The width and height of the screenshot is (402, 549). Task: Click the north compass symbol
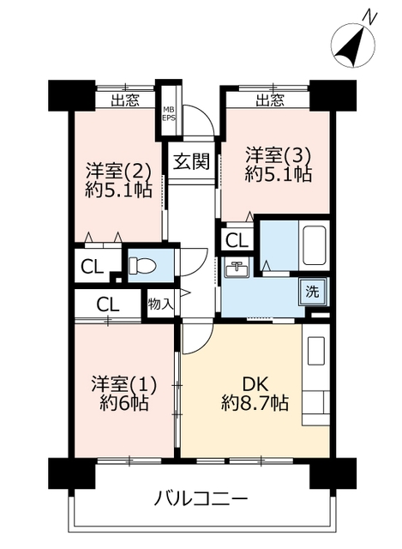click(x=352, y=43)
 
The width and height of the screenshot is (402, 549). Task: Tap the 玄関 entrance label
click(x=192, y=162)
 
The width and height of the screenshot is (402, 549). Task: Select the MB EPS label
click(x=169, y=114)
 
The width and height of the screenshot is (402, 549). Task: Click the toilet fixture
click(x=142, y=265)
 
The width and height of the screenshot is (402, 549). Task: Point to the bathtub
click(x=315, y=245)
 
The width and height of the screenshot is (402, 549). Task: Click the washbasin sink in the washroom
click(x=237, y=269)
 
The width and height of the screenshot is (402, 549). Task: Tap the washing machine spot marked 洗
click(x=313, y=292)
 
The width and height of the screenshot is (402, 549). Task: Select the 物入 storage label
click(x=160, y=304)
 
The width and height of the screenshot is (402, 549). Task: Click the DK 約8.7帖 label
click(x=255, y=394)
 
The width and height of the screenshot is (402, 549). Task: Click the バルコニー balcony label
click(x=201, y=498)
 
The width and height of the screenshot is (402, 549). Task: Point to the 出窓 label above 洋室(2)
click(x=125, y=101)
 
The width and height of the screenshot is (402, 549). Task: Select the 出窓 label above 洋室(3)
click(x=270, y=100)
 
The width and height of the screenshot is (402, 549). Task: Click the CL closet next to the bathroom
click(x=237, y=240)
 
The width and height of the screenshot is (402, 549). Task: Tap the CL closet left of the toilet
click(x=92, y=268)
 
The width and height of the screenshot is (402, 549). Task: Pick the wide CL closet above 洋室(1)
click(x=108, y=305)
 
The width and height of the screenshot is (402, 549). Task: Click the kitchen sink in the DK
click(x=316, y=351)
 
